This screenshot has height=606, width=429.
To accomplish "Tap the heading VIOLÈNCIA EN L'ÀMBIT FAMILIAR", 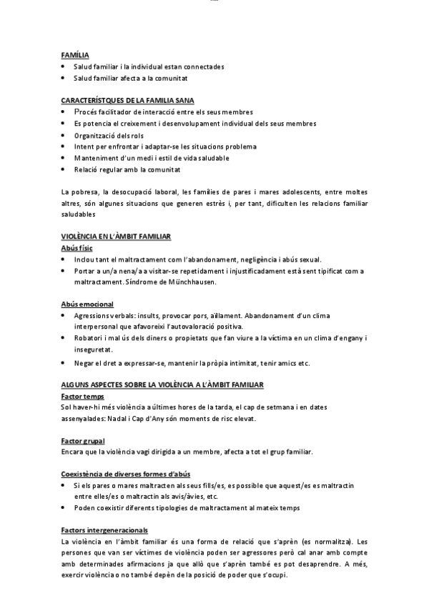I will click(120, 236).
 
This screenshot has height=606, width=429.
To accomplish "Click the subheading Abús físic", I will click(77, 247).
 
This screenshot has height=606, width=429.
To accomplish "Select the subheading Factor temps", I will click(82, 396).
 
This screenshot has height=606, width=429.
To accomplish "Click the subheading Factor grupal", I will click(84, 441).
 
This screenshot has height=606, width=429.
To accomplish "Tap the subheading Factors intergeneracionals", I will click(104, 530).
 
